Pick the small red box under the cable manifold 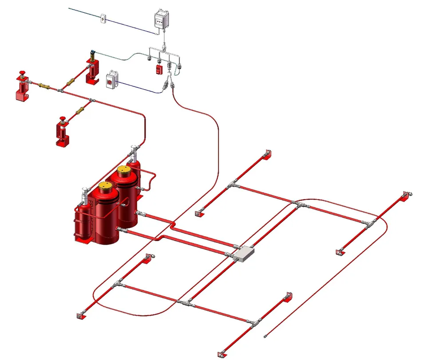pos(158,69)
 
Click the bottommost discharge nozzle pos(221,353)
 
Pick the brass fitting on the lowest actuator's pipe pos(80,110)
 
